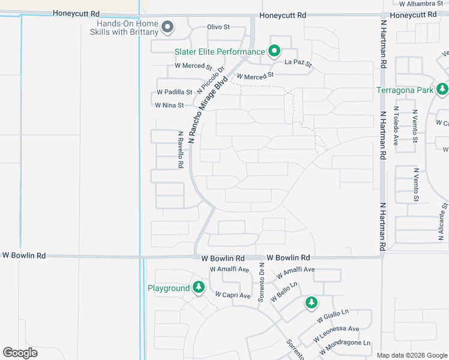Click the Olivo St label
coord(218,27)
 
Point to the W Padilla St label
coord(174,92)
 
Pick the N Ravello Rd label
coord(179,150)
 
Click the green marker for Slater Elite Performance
coord(274,52)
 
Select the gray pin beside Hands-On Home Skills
coord(168,27)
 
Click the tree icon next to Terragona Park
coord(442,90)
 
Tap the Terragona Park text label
coord(405,91)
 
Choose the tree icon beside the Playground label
coord(199,288)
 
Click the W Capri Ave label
coord(233,296)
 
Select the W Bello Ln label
coord(285,292)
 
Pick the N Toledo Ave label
coord(396,125)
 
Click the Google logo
coord(20,353)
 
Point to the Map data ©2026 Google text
coord(411,355)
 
